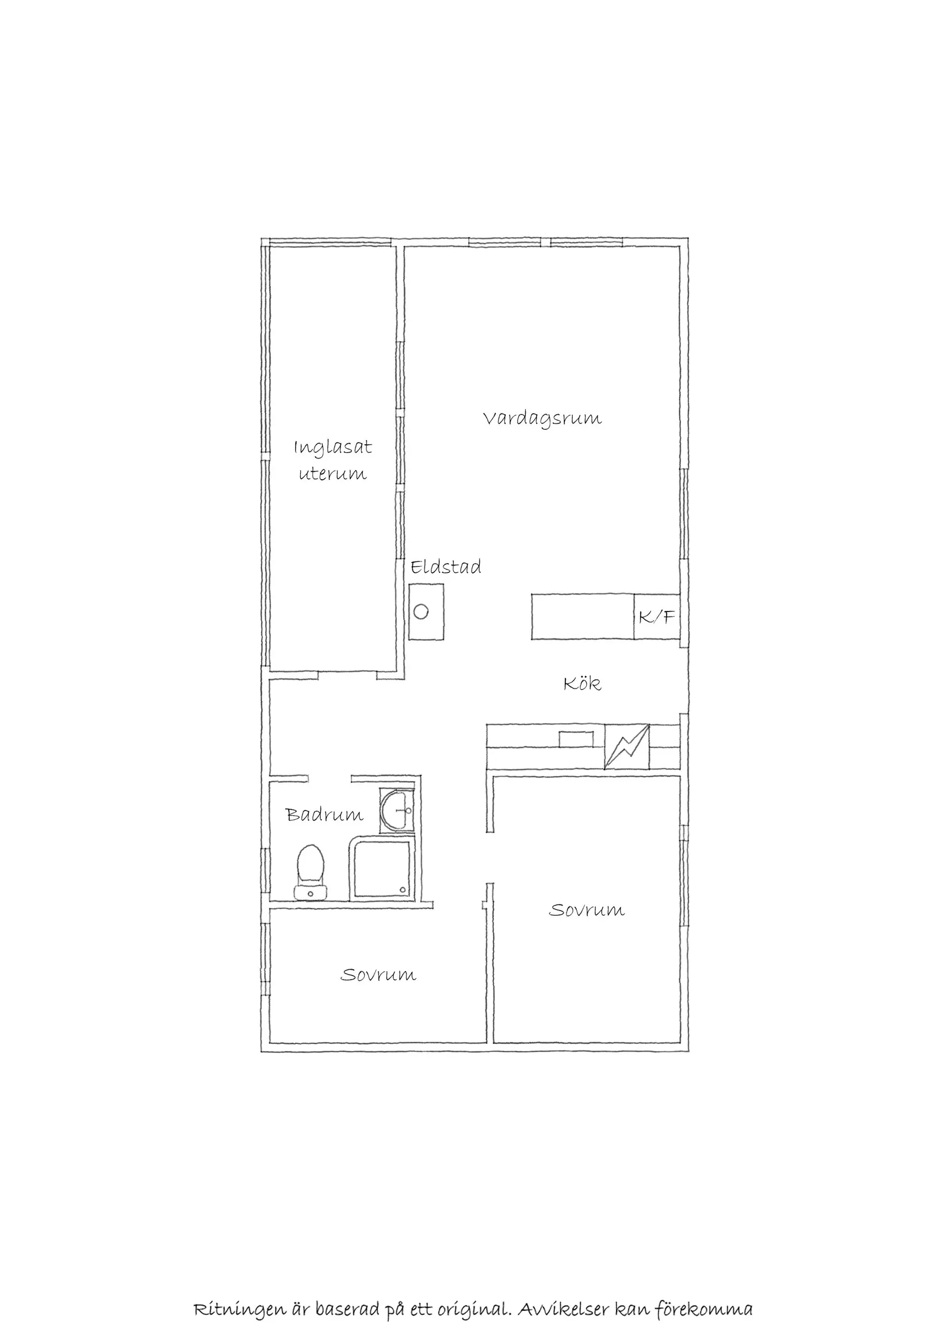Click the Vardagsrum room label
tap(542, 419)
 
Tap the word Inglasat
tap(332, 448)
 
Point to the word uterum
tap(333, 473)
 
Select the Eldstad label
tap(446, 567)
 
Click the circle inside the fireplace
tap(421, 612)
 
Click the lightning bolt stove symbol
tap(626, 747)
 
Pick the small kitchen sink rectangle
tap(576, 739)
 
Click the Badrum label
tap(324, 814)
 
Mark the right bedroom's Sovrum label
tap(587, 910)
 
